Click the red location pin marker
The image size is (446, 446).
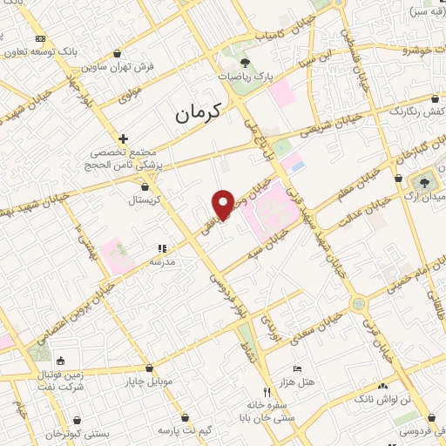(x=223, y=204)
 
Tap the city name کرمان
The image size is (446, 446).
(x=199, y=112)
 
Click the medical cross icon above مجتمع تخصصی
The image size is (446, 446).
(x=124, y=139)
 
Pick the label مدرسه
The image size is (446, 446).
(x=163, y=260)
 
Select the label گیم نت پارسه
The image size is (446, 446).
(x=185, y=430)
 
